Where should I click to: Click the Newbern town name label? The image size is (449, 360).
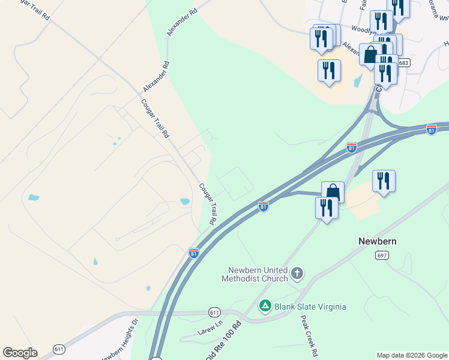tap(378, 241)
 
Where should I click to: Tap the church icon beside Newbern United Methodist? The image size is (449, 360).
tap(297, 275)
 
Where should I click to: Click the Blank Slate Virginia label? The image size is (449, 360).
tap(310, 307)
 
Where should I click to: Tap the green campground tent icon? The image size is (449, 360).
tap(265, 307)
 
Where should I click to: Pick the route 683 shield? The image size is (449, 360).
tap(403, 63)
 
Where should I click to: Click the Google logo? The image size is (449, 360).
tap(20, 353)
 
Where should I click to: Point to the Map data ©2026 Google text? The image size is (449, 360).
tap(411, 355)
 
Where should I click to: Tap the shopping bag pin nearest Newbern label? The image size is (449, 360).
tap(333, 192)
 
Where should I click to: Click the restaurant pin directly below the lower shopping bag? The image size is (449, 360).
tap(326, 209)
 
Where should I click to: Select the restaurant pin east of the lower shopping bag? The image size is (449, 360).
tap(384, 181)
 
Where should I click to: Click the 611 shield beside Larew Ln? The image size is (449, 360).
tap(214, 313)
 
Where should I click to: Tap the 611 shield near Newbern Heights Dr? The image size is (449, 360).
tap(59, 349)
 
